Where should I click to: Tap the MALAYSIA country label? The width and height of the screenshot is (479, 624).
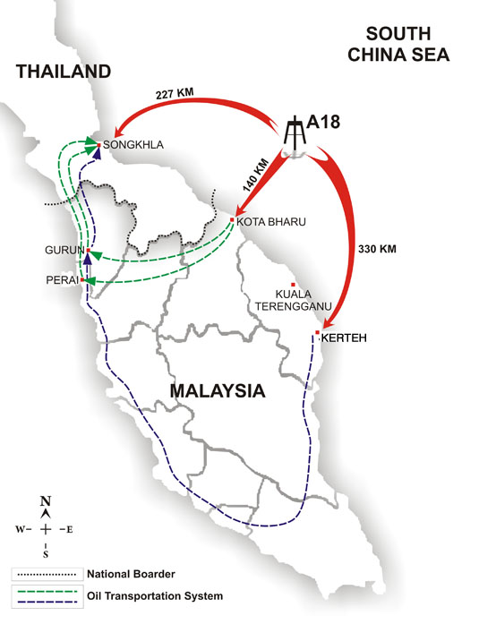218,391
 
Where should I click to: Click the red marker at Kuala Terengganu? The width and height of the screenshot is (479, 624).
292,284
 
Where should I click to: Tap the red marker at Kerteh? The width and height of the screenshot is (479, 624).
317,334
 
